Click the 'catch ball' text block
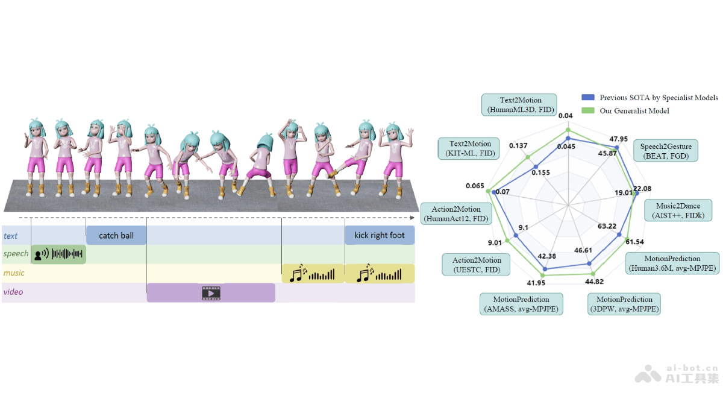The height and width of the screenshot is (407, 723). (x=116, y=235)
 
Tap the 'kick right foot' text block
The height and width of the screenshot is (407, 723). (x=380, y=235)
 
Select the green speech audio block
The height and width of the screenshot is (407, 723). (x=59, y=254)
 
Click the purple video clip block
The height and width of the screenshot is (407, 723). (x=211, y=293)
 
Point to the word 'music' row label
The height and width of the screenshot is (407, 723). (x=14, y=273)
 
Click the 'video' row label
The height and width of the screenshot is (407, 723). (x=14, y=292)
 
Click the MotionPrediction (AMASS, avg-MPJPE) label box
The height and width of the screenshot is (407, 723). (x=521, y=304)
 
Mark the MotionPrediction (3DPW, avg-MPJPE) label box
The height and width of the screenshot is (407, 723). (x=624, y=304)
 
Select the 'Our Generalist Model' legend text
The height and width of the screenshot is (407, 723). (x=634, y=111)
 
